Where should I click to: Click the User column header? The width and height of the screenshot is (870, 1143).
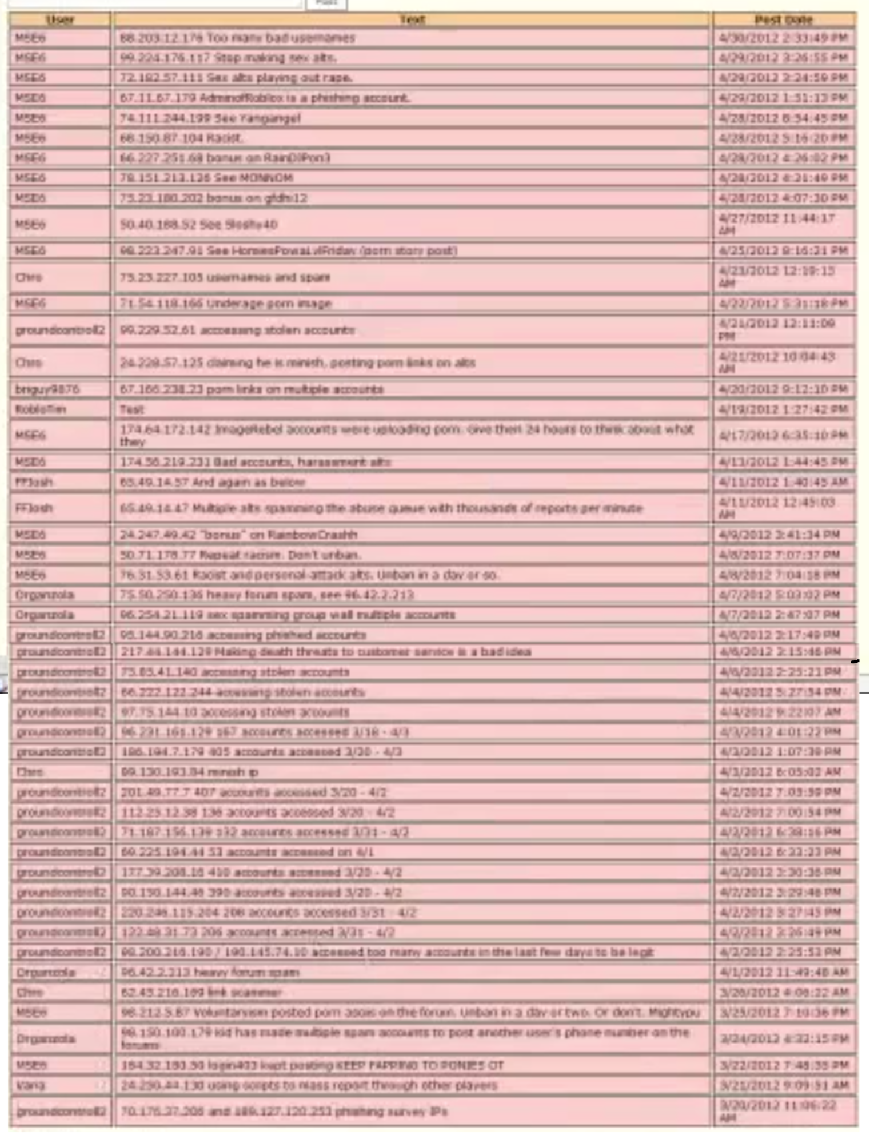coord(60,20)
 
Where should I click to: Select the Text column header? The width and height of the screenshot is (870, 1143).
coord(412,20)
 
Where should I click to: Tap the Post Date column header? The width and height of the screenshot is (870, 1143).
coord(783,20)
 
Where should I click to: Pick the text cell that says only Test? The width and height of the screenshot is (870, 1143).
coord(132,409)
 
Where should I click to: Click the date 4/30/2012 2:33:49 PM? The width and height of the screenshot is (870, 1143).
coord(783,38)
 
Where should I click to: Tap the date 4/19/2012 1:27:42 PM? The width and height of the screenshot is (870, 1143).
coord(783,409)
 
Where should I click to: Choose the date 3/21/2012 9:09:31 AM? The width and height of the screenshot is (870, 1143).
coord(783,1085)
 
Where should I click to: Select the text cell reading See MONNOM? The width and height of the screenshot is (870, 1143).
coord(206,178)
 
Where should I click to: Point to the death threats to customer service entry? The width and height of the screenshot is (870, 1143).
coord(326,652)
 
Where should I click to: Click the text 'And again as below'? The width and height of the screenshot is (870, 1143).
coord(212,482)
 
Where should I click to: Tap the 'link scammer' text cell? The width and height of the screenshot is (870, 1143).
coord(201,993)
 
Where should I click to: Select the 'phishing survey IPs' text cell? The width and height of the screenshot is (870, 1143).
coord(284,1112)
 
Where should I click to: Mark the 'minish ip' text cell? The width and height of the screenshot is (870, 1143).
coord(189,772)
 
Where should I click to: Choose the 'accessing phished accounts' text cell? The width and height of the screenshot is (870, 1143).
coord(243,635)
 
